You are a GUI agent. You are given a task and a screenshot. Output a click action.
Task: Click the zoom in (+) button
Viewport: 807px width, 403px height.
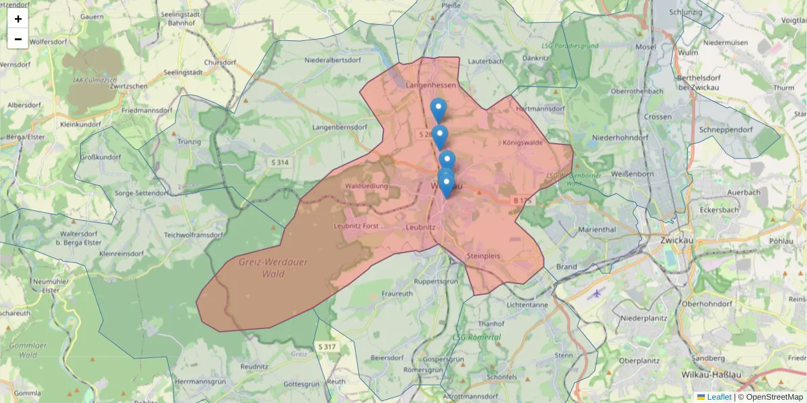point(18,19)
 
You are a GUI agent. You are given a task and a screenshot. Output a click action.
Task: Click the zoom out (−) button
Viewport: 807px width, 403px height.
point(18,39)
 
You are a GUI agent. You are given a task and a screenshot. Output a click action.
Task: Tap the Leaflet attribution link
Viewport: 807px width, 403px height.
point(718,397)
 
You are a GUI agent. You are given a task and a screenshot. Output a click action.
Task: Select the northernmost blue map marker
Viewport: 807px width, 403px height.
point(438,109)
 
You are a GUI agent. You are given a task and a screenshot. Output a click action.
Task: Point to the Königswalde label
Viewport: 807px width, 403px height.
point(523,142)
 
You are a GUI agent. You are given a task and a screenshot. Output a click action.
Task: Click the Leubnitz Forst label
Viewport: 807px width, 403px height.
point(357,226)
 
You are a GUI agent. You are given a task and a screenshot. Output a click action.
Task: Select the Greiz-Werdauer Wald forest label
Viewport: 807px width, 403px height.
point(273,267)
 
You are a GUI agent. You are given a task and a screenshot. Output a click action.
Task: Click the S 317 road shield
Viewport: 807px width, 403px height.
point(326,347)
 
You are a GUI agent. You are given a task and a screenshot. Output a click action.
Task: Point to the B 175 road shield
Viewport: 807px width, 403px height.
point(522,200)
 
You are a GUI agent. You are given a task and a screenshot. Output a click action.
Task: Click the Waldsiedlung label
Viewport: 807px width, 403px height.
point(366,185)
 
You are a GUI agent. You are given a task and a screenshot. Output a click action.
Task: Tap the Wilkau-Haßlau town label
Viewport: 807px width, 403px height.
point(710,373)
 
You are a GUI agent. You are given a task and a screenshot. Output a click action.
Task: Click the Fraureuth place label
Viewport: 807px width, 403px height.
point(397,294)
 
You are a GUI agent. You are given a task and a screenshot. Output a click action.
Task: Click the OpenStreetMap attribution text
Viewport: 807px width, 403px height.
point(774,397)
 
